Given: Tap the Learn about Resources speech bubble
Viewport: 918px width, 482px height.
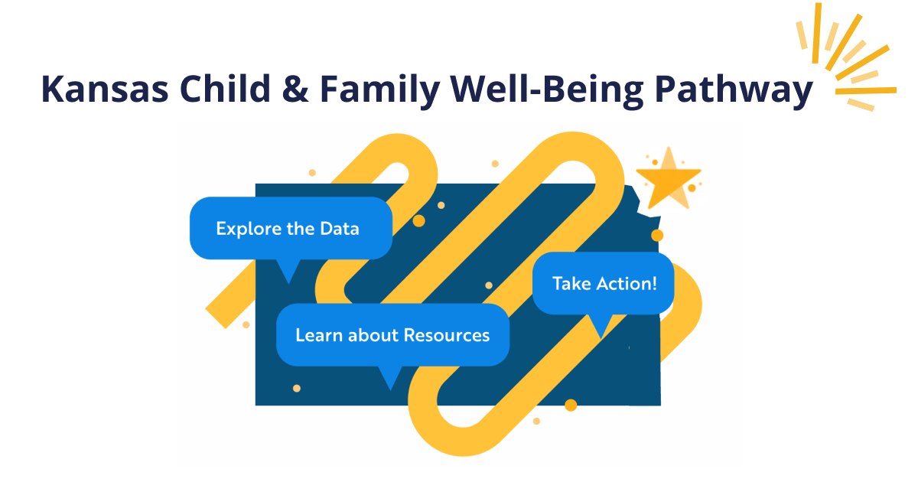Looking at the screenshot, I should tap(392, 334).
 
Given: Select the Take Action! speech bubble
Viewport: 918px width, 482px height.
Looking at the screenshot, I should tap(604, 283).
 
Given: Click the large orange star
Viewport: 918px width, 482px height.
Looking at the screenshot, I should tap(668, 179).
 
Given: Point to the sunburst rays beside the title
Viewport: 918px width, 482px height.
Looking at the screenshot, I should tap(849, 57).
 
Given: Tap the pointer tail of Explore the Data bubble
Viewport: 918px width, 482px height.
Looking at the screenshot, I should tap(288, 271).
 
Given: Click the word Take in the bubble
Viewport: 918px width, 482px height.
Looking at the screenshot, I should tap(571, 283).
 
